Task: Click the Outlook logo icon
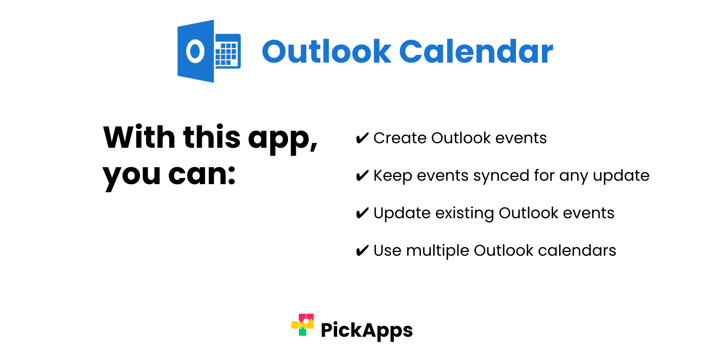(209, 51)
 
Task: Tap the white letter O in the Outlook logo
(195, 51)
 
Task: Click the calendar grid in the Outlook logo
(226, 54)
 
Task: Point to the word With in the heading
(139, 137)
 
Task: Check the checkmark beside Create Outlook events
(362, 138)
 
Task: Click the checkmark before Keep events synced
(362, 176)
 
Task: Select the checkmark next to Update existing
(362, 213)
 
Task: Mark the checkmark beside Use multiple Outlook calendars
(362, 251)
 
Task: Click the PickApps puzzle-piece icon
(303, 325)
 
